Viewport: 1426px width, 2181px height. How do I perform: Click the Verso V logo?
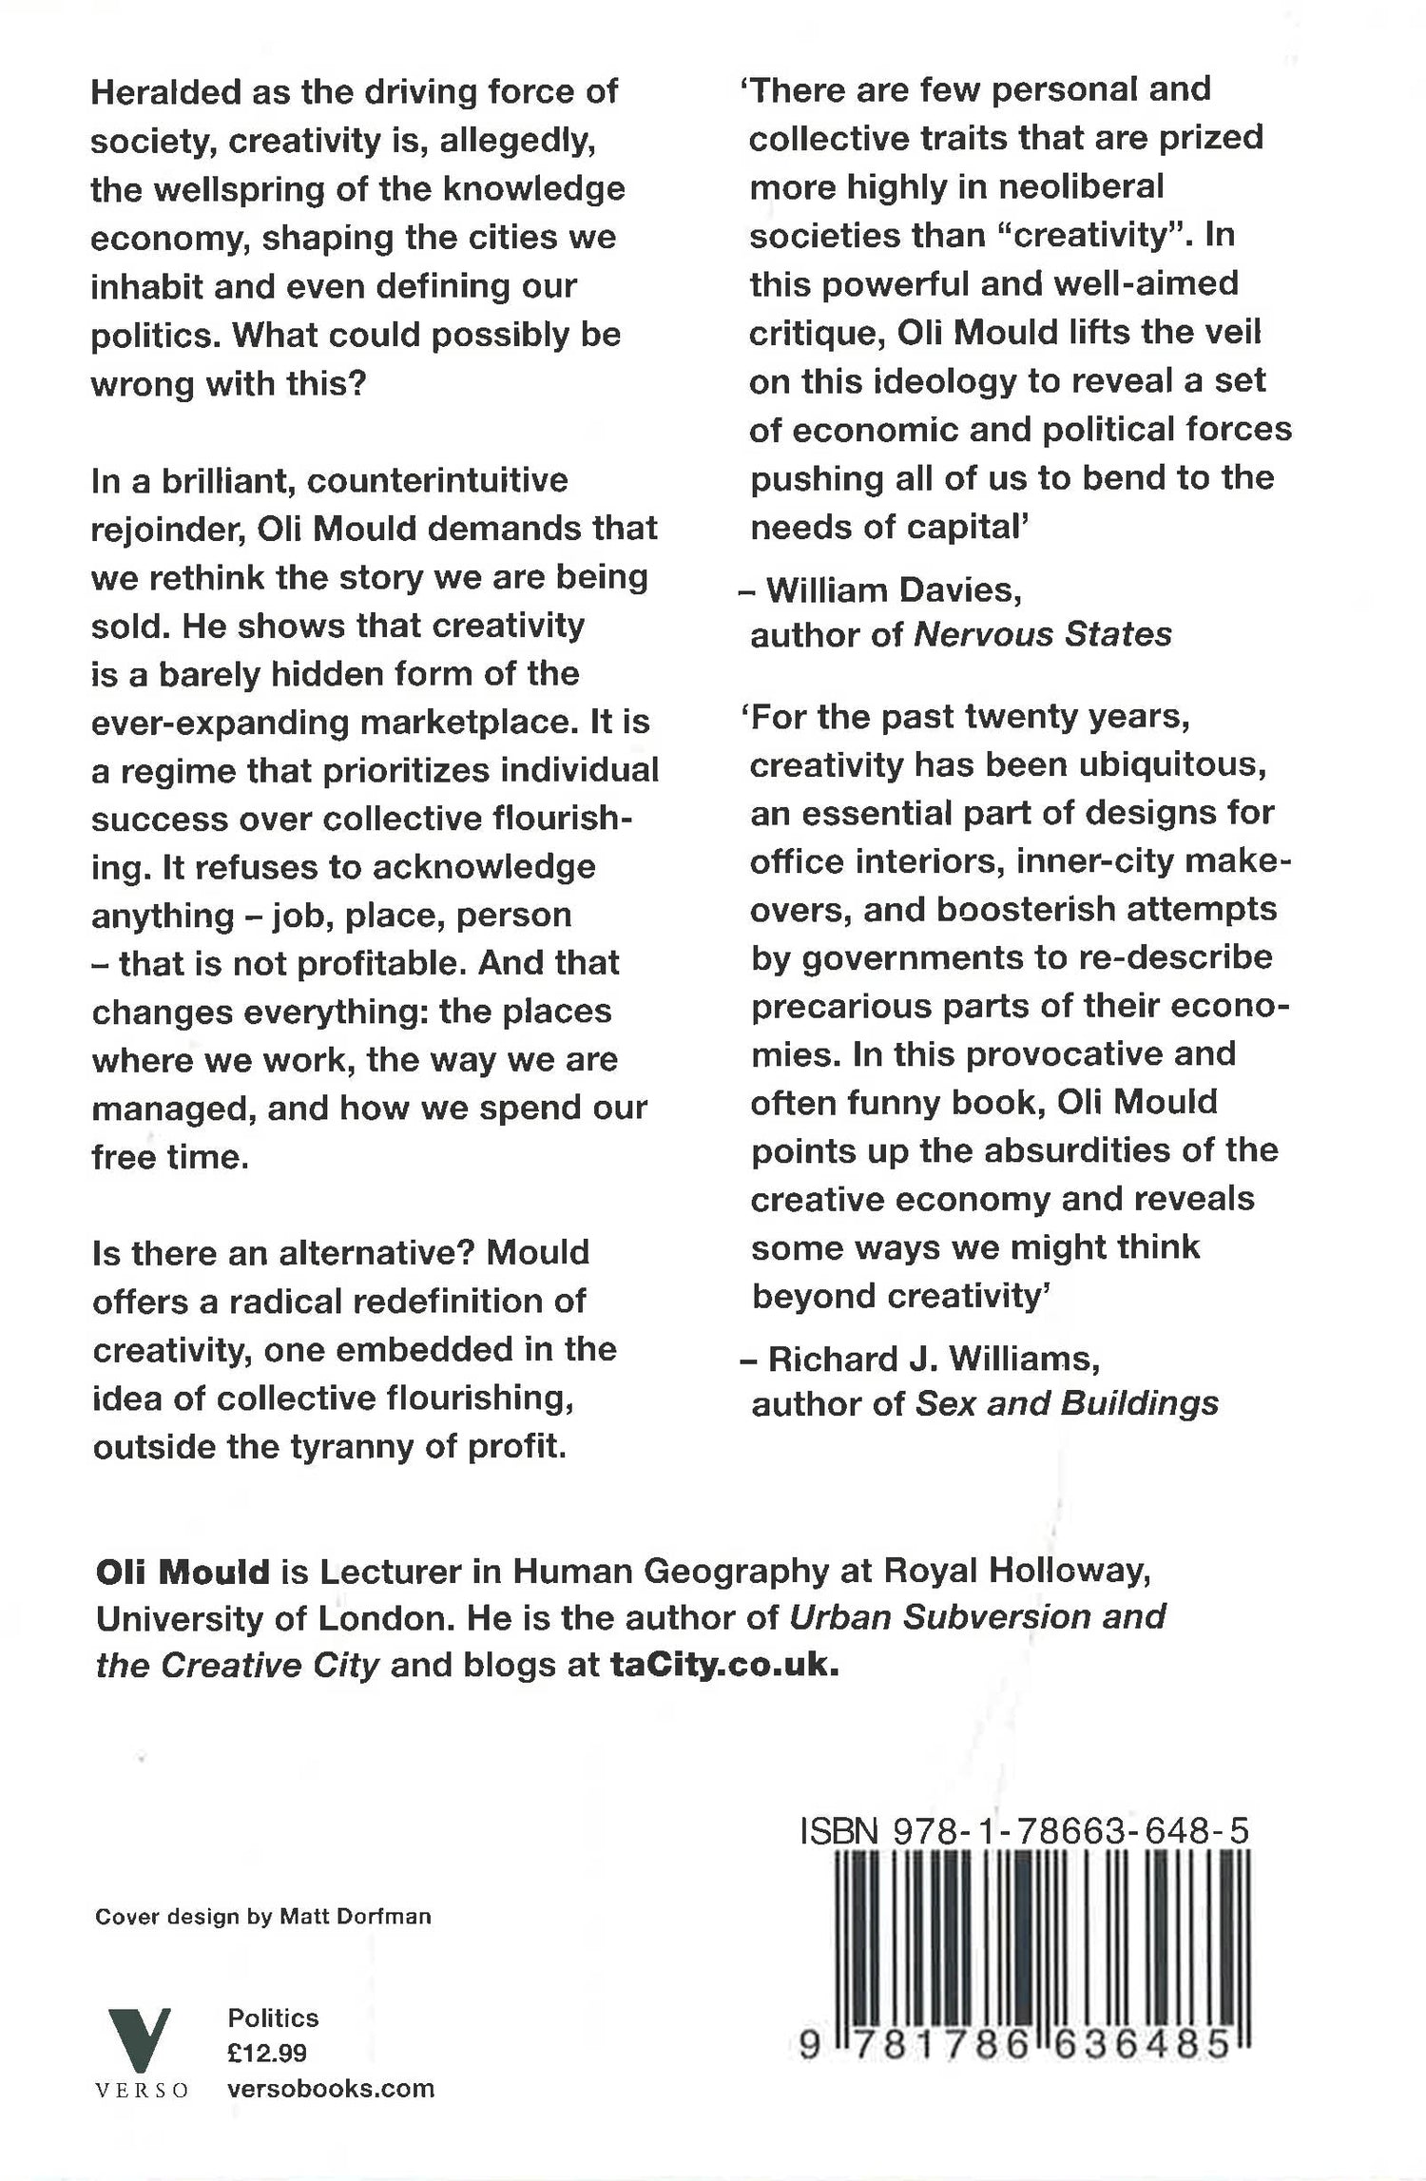click(140, 2042)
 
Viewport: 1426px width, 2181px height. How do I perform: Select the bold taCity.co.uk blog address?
click(725, 1665)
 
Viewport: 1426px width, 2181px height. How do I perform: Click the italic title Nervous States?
click(1043, 634)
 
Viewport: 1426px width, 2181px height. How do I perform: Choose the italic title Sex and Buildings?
click(1067, 1403)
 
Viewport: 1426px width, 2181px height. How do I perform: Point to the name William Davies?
click(894, 590)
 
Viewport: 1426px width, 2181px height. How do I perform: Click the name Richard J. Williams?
click(934, 1359)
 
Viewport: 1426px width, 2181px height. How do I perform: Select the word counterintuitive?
click(437, 480)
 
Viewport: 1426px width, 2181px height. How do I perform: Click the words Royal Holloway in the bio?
click(1018, 1572)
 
